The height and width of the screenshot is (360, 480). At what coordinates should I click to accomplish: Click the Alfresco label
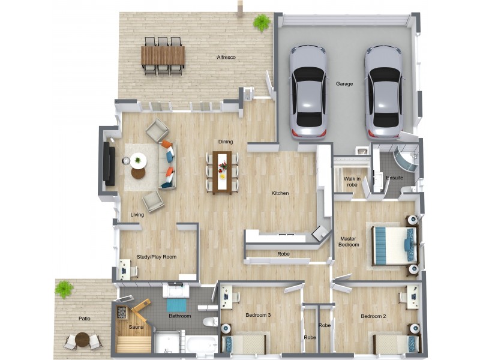(226, 57)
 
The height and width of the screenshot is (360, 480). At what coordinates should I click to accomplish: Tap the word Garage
(344, 83)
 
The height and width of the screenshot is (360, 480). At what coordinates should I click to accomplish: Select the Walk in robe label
(352, 182)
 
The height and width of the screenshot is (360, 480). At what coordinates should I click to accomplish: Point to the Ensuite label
(395, 178)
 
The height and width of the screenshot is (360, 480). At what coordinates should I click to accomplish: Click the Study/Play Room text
(157, 257)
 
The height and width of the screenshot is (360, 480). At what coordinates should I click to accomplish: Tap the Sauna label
(136, 327)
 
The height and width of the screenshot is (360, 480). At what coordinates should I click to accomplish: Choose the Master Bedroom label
(349, 242)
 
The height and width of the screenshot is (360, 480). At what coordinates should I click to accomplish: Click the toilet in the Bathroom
(211, 322)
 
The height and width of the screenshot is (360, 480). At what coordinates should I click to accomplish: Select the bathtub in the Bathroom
(202, 344)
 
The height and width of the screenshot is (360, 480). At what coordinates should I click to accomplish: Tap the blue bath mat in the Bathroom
(176, 305)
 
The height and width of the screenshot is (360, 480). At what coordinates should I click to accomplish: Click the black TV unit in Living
(109, 164)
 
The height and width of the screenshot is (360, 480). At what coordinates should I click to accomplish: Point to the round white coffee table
(138, 160)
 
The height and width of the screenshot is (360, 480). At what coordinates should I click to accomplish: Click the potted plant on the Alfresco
(262, 22)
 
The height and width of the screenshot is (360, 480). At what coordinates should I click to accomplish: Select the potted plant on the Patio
(64, 289)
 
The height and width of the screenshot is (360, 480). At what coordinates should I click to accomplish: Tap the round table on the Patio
(82, 340)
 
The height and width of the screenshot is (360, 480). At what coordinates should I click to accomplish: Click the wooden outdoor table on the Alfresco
(163, 55)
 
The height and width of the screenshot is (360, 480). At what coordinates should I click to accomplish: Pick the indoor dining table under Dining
(222, 173)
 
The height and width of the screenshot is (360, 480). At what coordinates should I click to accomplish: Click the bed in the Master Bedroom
(395, 246)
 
